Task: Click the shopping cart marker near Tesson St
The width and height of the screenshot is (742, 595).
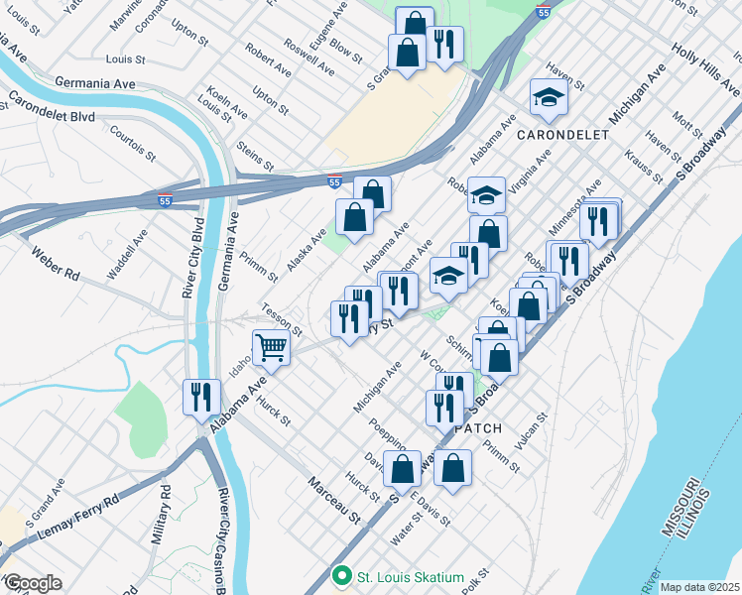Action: pyautogui.click(x=271, y=347)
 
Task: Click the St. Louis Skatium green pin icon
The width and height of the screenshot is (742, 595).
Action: pyautogui.click(x=342, y=575)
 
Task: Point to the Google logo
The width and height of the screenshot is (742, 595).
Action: pyautogui.click(x=33, y=583)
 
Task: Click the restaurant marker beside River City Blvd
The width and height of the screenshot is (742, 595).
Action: pyautogui.click(x=201, y=397)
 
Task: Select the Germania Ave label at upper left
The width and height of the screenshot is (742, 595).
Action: pyautogui.click(x=95, y=83)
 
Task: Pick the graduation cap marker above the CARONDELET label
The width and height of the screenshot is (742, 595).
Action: pyautogui.click(x=546, y=97)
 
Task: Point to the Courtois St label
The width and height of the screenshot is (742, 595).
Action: pyautogui.click(x=133, y=143)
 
